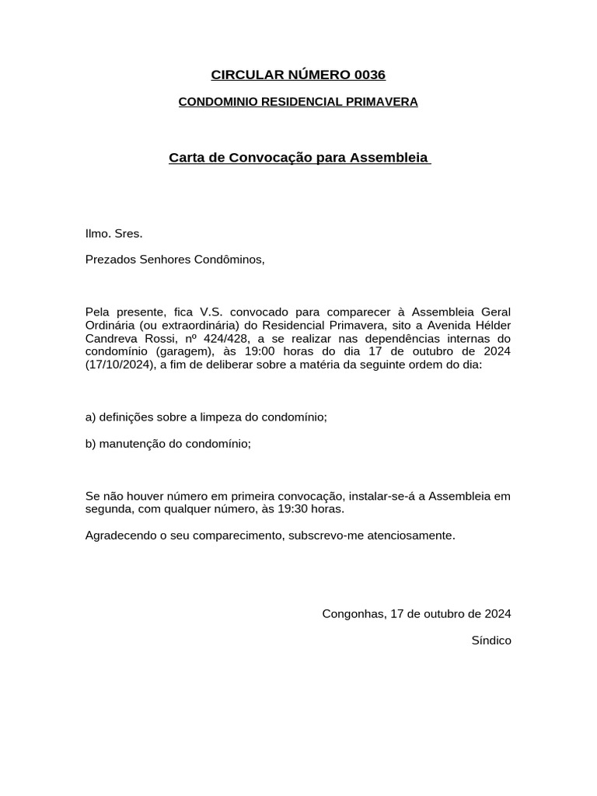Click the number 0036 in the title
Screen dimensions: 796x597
[369, 75]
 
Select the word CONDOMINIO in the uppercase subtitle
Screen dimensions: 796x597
[212, 102]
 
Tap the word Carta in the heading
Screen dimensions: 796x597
[187, 158]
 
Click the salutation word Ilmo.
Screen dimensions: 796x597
[99, 233]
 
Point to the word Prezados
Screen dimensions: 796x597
[110, 260]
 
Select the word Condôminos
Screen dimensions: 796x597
[232, 260]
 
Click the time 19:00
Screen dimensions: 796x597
[260, 351]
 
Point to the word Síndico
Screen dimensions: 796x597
[491, 641]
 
